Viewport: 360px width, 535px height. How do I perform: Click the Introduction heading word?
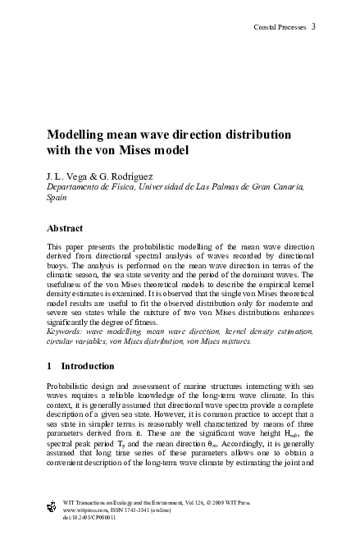click(89, 365)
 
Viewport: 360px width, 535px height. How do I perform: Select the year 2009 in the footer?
click(226, 498)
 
